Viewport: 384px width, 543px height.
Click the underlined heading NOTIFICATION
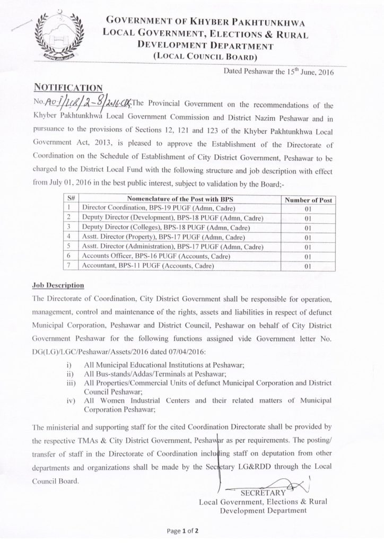click(68, 86)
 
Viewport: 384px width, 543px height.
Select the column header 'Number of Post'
click(308, 200)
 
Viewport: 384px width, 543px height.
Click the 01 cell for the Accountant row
click(308, 267)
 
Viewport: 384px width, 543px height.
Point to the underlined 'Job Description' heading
click(58, 286)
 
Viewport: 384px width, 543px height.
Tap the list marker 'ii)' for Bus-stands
click(70, 374)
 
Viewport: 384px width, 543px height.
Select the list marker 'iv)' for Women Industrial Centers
click(70, 401)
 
